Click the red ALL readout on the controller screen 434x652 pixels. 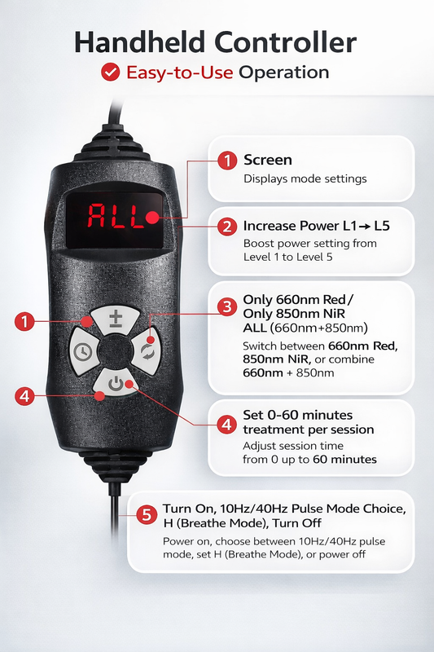(116, 217)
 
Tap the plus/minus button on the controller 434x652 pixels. (115, 319)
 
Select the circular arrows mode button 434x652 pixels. (147, 350)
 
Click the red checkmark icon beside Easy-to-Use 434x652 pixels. (110, 72)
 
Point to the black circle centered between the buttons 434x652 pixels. (114, 351)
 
